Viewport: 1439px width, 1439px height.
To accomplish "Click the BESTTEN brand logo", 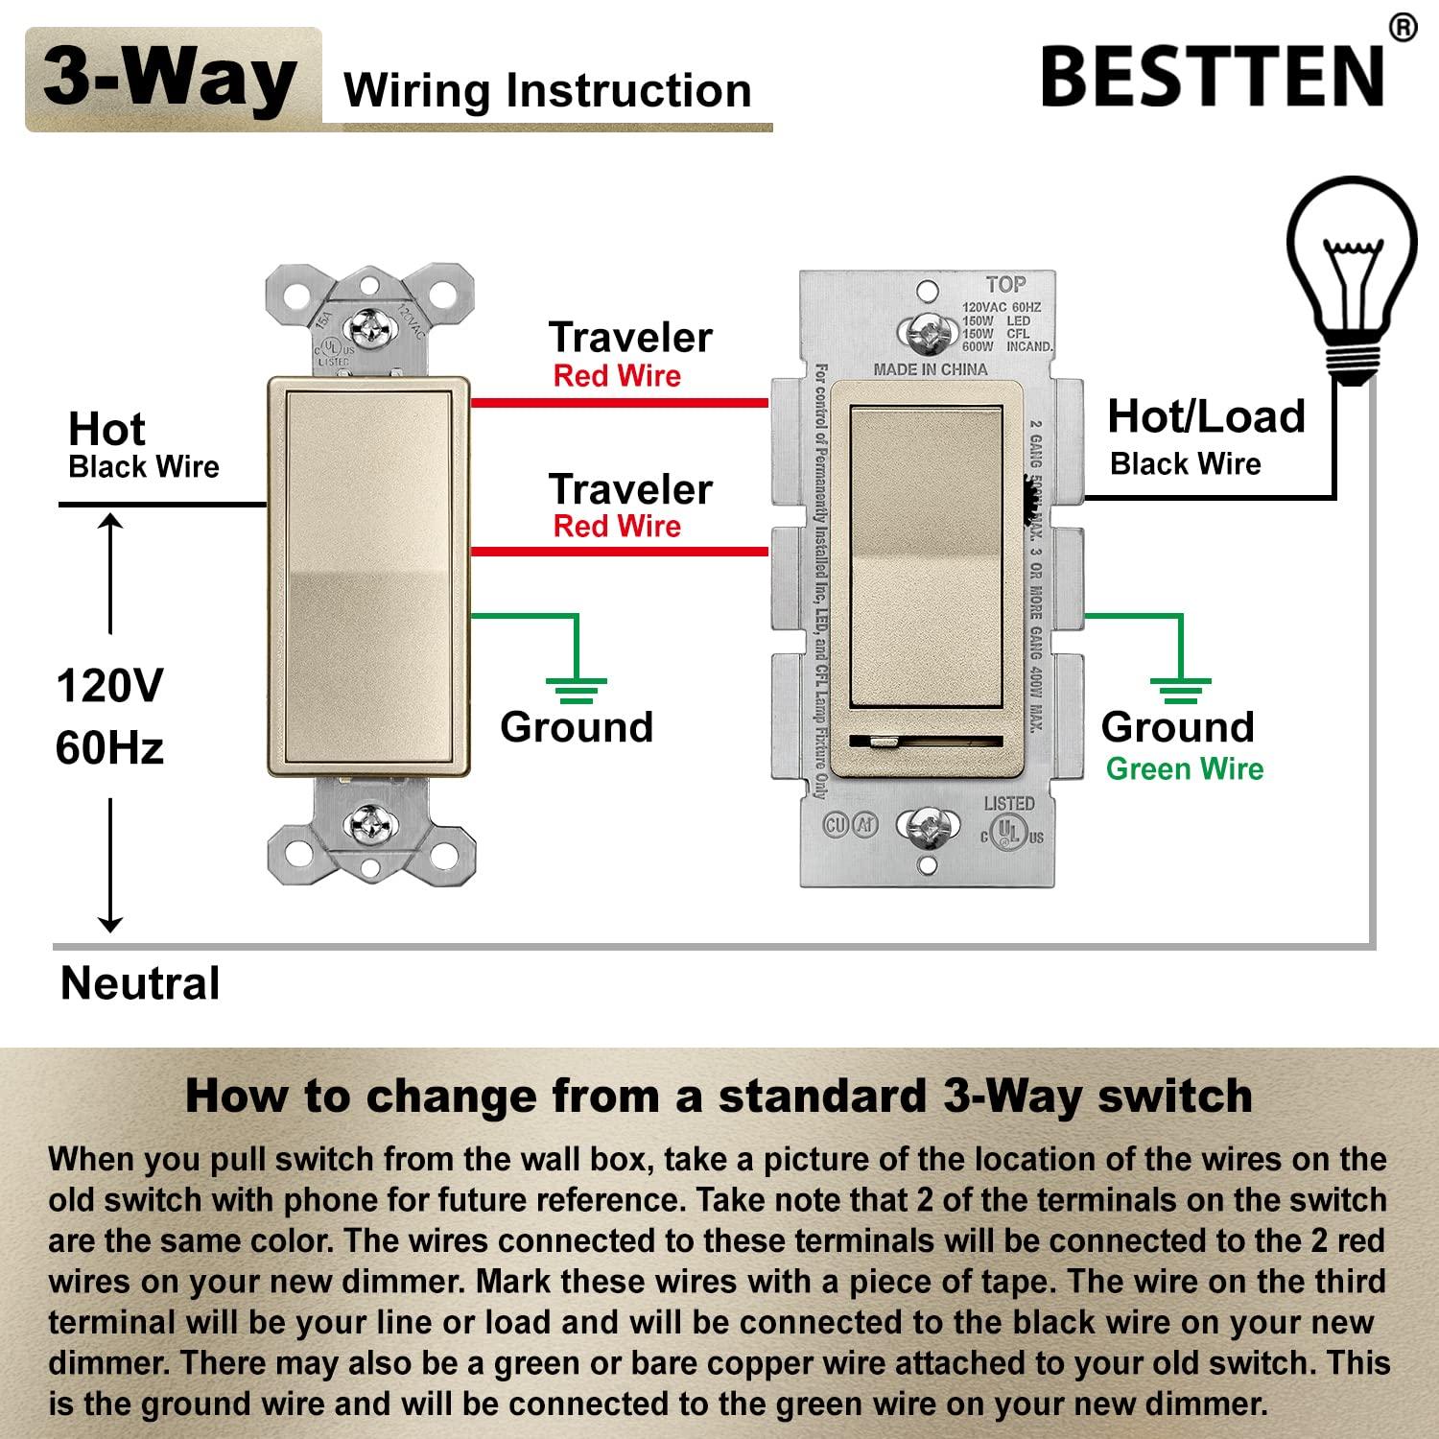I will [1214, 77].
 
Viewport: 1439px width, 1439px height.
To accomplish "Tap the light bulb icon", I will [1352, 278].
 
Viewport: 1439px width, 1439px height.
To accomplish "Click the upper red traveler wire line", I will [619, 403].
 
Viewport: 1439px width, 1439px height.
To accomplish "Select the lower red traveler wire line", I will [619, 552].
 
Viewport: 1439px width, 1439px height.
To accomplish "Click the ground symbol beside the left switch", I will [576, 689].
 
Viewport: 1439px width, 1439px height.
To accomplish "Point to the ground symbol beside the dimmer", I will [1180, 689].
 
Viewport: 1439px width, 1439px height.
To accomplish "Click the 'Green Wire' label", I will [1184, 769].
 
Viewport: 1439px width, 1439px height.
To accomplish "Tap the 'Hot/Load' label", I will [1206, 417].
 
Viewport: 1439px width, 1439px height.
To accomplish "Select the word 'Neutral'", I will [140, 984].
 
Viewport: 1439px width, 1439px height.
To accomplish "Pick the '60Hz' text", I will [109, 748].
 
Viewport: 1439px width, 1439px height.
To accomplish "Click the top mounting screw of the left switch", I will [370, 329].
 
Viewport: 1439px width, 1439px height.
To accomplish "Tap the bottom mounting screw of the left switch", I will [370, 823].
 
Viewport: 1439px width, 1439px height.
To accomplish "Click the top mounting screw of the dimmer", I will [927, 333].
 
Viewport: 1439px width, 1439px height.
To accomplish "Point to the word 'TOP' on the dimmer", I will [1005, 285].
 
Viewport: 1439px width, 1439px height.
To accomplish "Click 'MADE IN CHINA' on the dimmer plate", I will [930, 369].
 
